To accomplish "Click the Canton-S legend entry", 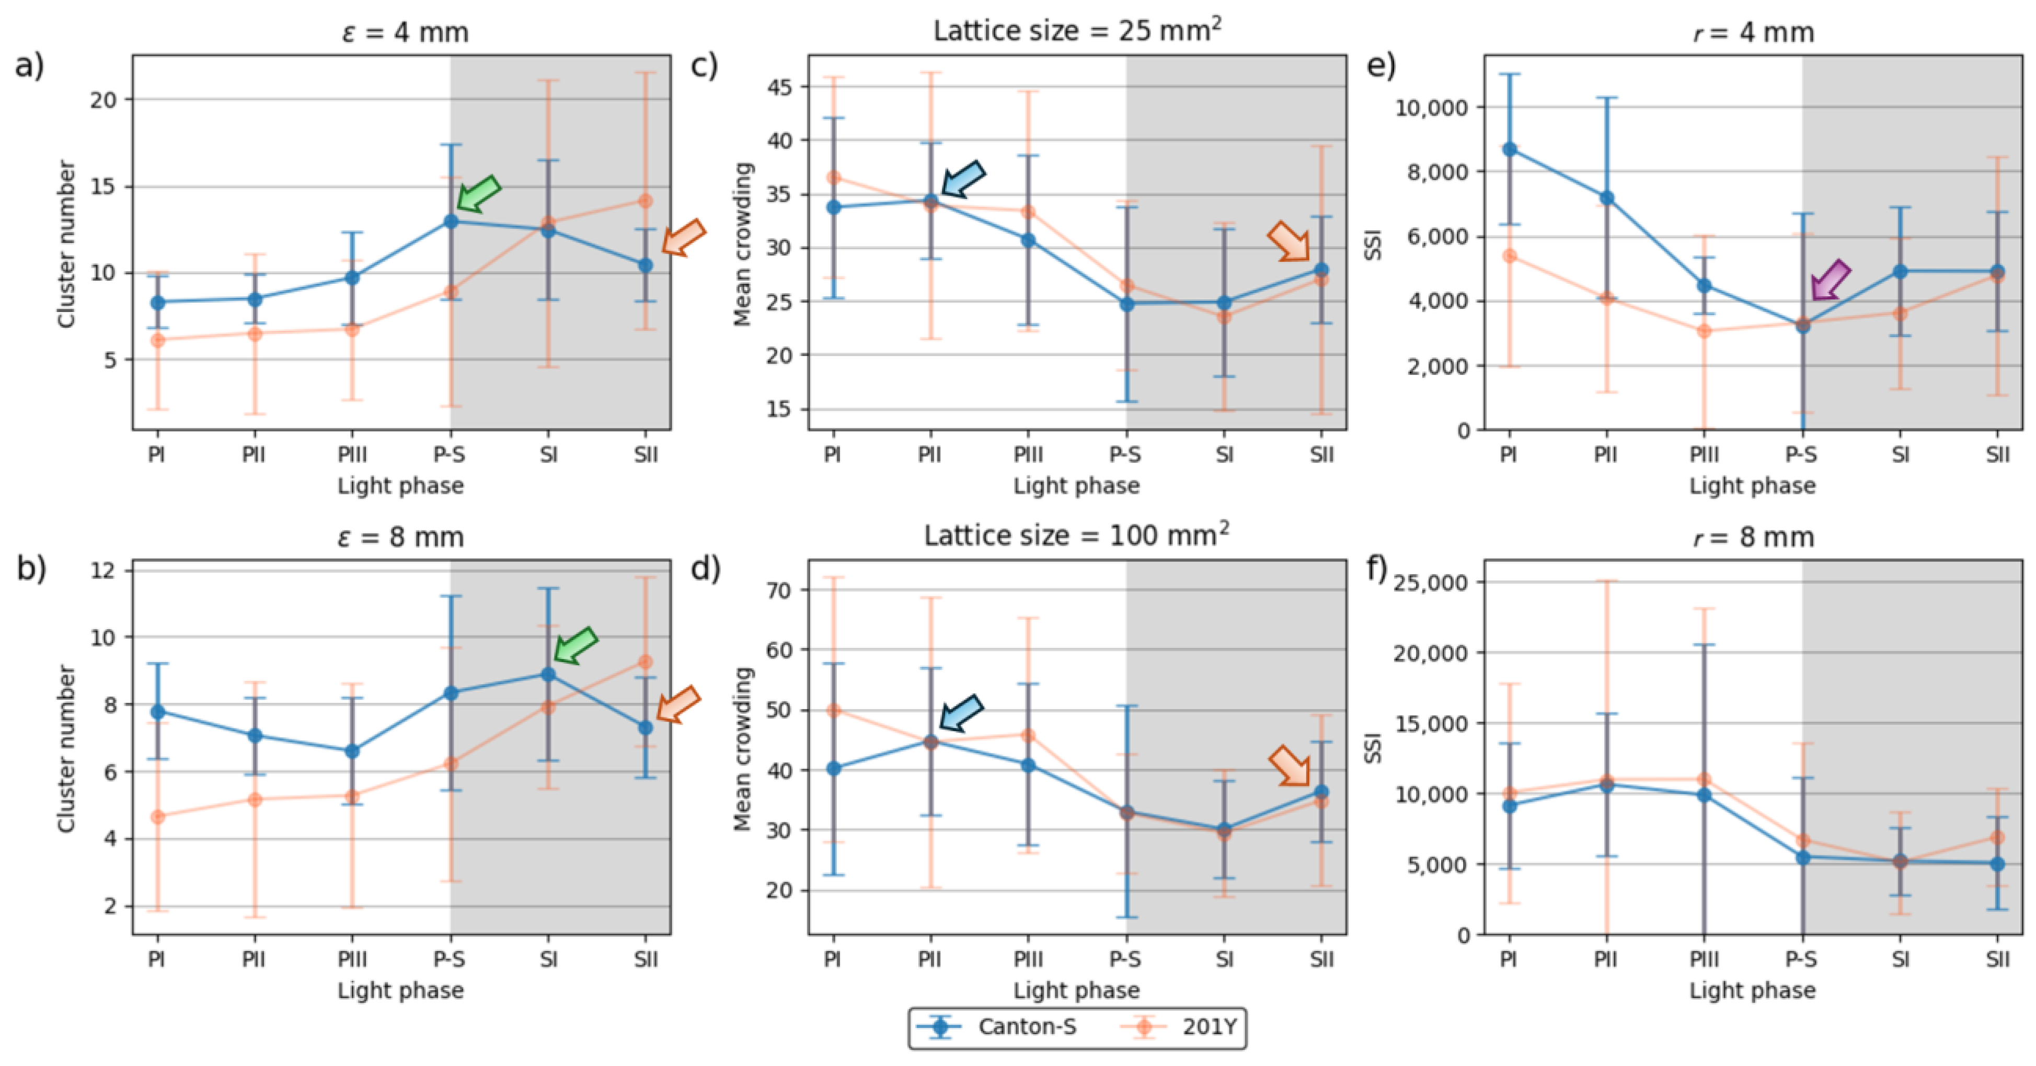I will pos(996,1027).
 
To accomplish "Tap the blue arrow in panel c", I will pos(963,179).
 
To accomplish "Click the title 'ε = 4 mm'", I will pos(404,32).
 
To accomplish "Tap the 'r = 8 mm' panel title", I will pos(1753,537).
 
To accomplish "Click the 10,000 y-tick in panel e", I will pos(1432,108).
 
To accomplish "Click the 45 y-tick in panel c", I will pos(781,86).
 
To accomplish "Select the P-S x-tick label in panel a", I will pos(449,455).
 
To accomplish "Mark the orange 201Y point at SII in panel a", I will pos(646,201).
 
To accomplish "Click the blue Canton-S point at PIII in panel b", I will pos(352,751).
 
